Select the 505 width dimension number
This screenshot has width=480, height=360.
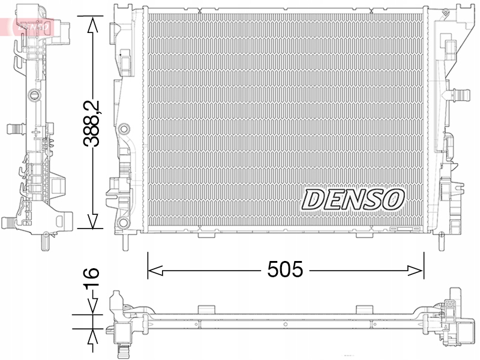(x=286, y=270)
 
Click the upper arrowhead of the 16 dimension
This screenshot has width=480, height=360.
(x=92, y=307)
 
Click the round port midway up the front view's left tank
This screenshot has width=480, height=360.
(x=124, y=128)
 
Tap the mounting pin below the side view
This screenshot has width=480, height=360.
(x=44, y=240)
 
